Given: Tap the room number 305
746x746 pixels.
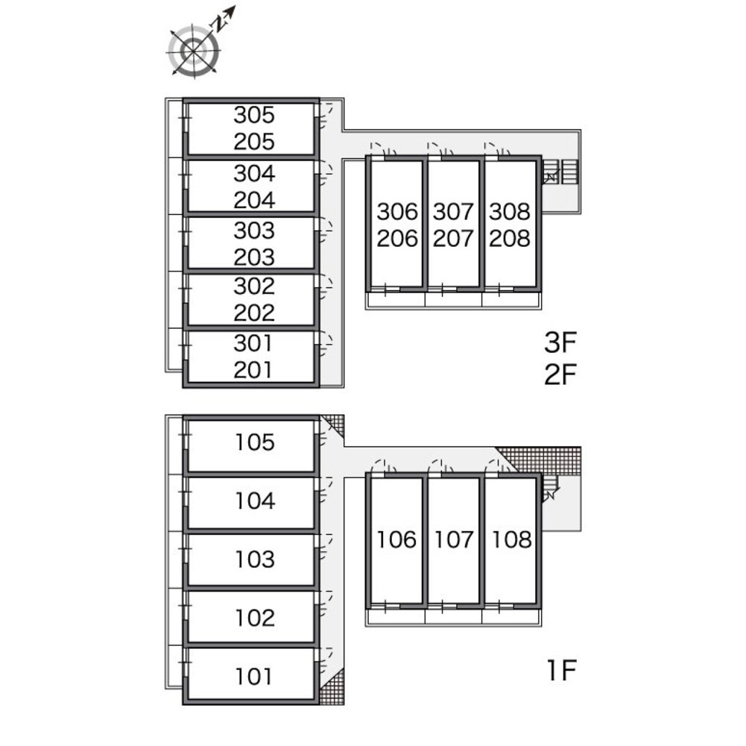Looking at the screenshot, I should (x=254, y=115).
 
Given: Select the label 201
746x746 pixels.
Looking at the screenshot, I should (x=254, y=369).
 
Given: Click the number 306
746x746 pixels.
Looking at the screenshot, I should (x=397, y=212).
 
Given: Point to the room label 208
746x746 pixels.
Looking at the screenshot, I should (x=510, y=239).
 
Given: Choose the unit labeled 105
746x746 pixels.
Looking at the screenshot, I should (x=255, y=443).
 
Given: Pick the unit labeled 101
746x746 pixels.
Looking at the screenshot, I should (x=254, y=677).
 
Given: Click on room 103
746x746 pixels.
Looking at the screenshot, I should (x=255, y=559).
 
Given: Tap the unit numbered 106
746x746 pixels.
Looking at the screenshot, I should (x=397, y=539).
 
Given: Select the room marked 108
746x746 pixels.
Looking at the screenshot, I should (x=511, y=539).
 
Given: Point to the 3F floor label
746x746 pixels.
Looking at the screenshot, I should (x=561, y=343).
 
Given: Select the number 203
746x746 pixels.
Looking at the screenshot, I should (x=254, y=257).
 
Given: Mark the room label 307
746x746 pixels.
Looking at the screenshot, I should (x=453, y=212).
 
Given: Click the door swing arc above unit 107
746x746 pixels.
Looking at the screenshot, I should (x=440, y=466).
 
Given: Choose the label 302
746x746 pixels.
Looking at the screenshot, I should (x=254, y=286).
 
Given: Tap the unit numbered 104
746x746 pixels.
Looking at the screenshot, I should (x=255, y=501).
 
